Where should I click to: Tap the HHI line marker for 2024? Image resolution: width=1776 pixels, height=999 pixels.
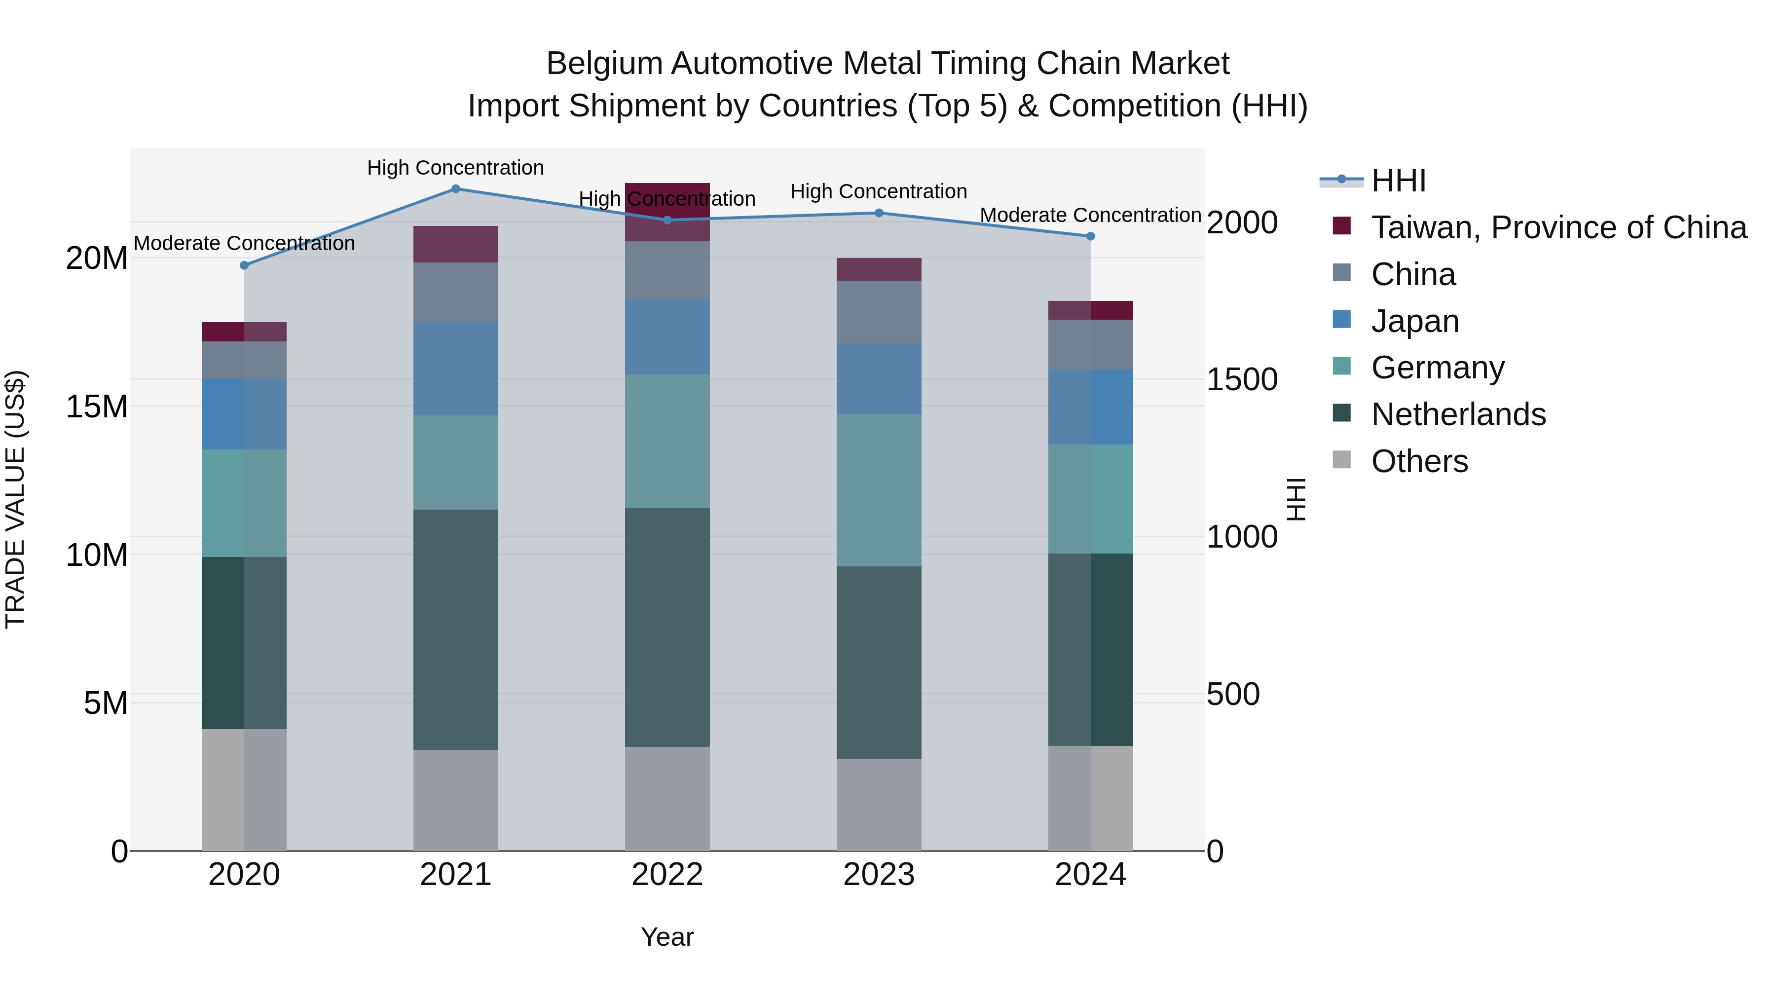point(1090,236)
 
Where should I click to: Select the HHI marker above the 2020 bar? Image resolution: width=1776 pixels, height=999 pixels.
point(244,265)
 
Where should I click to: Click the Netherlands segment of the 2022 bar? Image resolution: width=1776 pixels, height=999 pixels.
point(666,628)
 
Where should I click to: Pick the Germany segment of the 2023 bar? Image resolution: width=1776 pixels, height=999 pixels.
point(878,490)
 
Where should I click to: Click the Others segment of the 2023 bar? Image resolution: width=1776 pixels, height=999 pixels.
point(878,805)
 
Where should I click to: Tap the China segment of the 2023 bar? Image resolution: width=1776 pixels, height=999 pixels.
point(878,312)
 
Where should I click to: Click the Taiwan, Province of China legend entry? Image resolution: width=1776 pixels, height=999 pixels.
point(1558,227)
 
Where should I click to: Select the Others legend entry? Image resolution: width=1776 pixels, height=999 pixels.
point(1419,461)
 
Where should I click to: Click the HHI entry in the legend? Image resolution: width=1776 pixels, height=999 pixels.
point(1398,181)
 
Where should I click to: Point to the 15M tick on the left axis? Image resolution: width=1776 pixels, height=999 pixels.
point(97,407)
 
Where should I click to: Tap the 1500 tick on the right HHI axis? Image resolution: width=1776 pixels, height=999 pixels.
point(1242,380)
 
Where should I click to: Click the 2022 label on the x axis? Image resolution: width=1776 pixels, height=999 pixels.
point(666,875)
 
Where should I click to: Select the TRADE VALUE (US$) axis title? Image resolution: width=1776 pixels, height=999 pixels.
point(15,499)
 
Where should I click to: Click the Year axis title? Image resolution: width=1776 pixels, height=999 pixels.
point(666,937)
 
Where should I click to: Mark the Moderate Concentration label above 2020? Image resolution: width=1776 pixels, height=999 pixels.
point(244,243)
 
